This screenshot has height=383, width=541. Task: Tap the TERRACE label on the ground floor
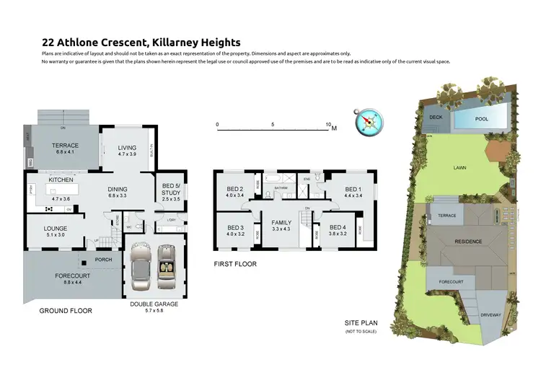[x=65, y=146]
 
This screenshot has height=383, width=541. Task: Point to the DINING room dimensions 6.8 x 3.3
[x=117, y=195]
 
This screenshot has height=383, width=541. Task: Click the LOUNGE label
[x=55, y=228]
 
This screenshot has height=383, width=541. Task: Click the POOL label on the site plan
[x=481, y=119]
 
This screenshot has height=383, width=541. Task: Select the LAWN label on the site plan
[x=459, y=167]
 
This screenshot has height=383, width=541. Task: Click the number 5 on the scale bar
[x=273, y=124]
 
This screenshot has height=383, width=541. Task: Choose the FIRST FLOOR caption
[x=234, y=264]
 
